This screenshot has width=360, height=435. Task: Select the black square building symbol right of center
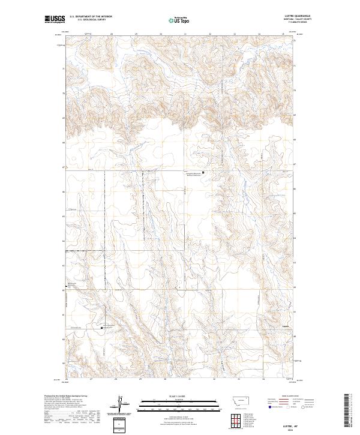point(203,173)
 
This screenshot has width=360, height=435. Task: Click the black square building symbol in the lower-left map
point(101,328)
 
